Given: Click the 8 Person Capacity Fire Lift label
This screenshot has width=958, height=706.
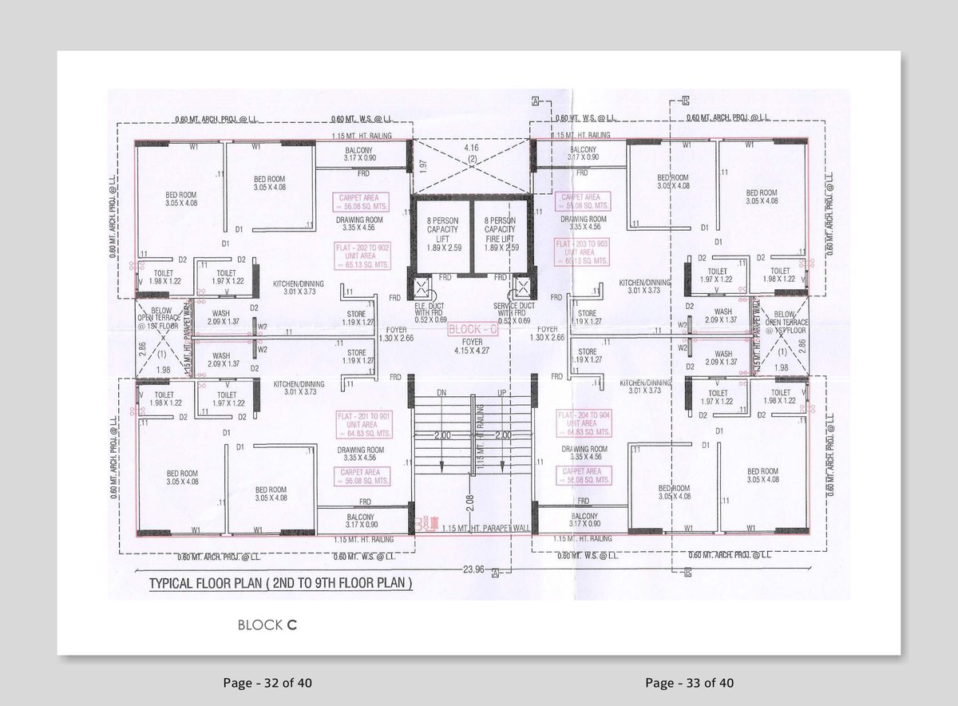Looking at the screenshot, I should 501,233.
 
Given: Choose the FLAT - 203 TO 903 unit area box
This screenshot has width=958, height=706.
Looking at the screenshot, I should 583,251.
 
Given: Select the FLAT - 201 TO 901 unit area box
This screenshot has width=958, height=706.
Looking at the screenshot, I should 363,424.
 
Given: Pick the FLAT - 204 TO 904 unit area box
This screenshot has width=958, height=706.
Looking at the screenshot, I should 583,424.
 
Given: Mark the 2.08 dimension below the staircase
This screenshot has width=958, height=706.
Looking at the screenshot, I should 470,501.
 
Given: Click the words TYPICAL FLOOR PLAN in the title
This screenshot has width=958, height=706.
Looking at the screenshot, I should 206,584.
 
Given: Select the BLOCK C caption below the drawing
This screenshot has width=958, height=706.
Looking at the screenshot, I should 267,625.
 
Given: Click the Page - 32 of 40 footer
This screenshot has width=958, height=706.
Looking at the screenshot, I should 267,683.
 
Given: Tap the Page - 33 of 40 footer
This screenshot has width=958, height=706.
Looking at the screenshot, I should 689,683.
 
